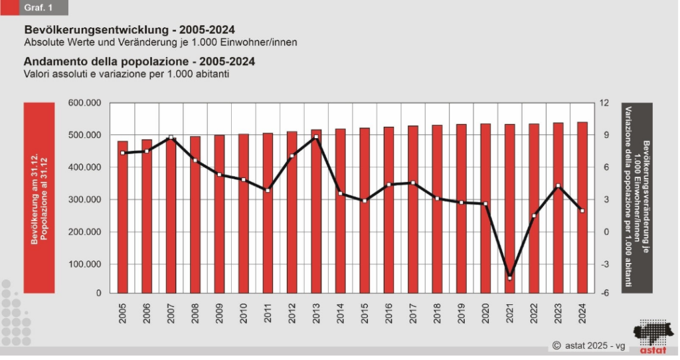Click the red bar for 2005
click(x=123, y=219)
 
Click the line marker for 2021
click(x=510, y=278)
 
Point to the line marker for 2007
click(x=171, y=138)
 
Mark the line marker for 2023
click(x=558, y=186)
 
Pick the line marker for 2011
click(x=268, y=191)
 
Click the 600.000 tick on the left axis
click(x=85, y=103)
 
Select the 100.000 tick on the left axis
click(x=85, y=264)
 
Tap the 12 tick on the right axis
click(x=604, y=103)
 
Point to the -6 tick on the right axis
click(x=604, y=293)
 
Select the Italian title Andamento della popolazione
click(x=106, y=62)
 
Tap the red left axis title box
click(x=39, y=198)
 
